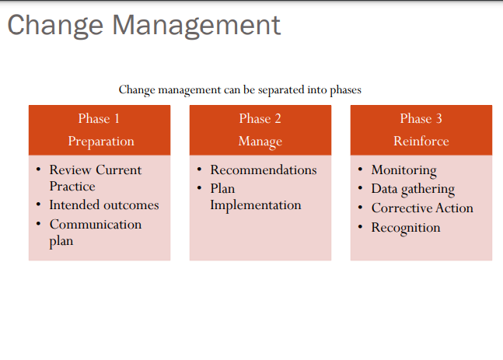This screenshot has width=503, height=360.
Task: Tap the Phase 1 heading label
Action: coord(100,119)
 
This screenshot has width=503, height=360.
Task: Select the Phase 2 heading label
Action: coord(260,119)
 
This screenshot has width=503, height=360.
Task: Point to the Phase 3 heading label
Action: coord(421,119)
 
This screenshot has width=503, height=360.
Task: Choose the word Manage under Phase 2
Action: coord(260,142)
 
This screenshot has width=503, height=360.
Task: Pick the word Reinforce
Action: coord(421,142)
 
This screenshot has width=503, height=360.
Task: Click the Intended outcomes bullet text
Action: coord(104,205)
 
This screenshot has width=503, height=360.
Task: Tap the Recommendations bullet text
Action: coord(264,170)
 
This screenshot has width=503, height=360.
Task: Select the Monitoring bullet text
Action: coord(403,170)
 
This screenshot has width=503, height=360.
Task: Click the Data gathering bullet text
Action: coord(413,190)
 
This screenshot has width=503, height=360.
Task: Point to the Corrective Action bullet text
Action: coord(422,208)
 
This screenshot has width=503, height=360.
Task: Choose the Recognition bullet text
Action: coord(406,228)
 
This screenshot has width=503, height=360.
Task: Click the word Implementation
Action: coord(256,205)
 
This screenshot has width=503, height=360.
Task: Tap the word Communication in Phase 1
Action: coord(96,225)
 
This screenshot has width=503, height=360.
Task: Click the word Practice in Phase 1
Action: coord(72,187)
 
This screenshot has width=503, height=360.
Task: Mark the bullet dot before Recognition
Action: coord(360,226)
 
